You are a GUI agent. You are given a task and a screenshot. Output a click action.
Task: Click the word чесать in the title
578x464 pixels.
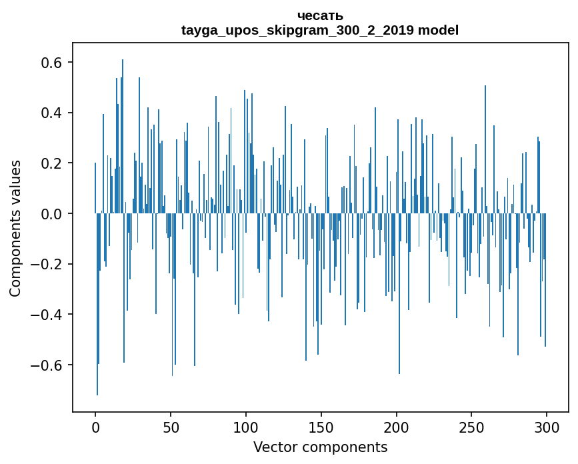[320, 15]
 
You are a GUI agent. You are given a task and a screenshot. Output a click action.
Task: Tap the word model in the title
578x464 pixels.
[437, 30]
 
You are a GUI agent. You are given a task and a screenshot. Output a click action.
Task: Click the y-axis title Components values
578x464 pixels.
[15, 228]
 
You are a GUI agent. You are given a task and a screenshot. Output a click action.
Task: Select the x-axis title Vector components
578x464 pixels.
[320, 447]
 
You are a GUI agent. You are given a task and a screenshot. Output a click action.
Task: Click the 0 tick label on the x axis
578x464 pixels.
[95, 427]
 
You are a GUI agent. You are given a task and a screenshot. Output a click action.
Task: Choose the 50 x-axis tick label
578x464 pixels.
[171, 427]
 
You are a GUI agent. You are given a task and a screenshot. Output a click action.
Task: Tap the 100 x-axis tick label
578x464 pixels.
[246, 427]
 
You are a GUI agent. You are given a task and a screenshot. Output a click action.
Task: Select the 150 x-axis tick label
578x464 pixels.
[321, 427]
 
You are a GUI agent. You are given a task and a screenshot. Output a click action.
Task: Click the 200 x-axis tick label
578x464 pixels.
[397, 427]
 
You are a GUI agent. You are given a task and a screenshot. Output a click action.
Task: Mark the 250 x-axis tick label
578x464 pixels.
[472, 427]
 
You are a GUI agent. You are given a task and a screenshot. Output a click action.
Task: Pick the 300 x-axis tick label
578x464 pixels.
[547, 427]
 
